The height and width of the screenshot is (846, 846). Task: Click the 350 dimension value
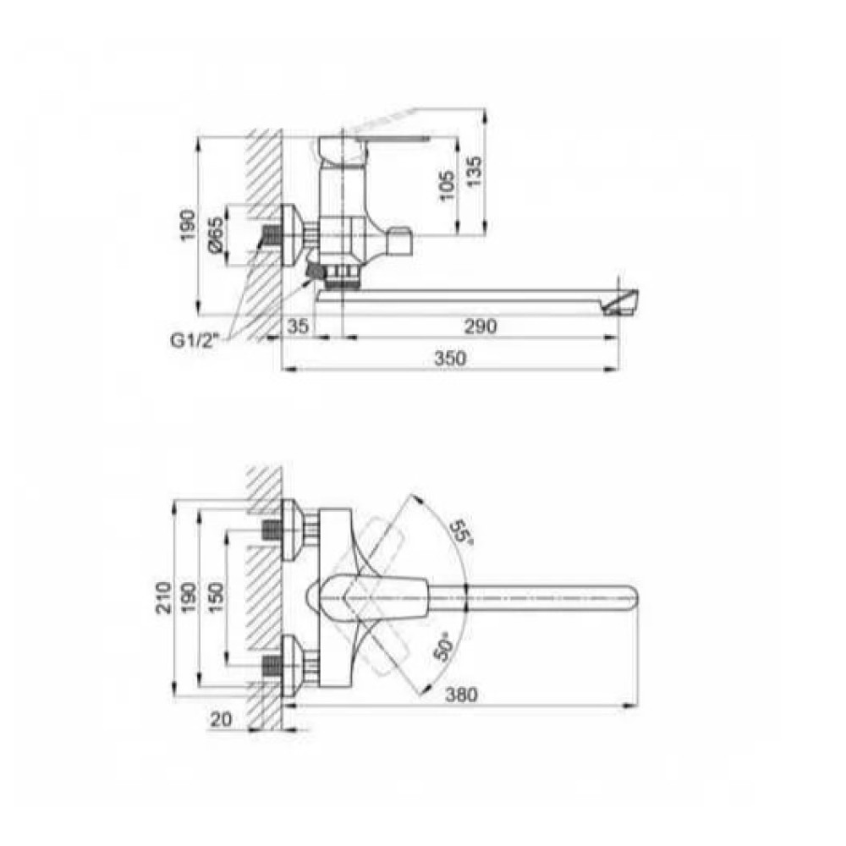click(450, 358)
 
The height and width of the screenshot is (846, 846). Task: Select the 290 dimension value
click(481, 327)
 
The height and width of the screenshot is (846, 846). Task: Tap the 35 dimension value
click(298, 327)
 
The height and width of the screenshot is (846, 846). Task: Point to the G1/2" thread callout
click(193, 341)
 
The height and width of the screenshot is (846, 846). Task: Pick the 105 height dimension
click(447, 186)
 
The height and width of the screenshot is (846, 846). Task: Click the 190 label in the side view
click(188, 226)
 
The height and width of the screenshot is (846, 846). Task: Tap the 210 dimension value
click(163, 597)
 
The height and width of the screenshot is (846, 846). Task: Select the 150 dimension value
click(215, 598)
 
